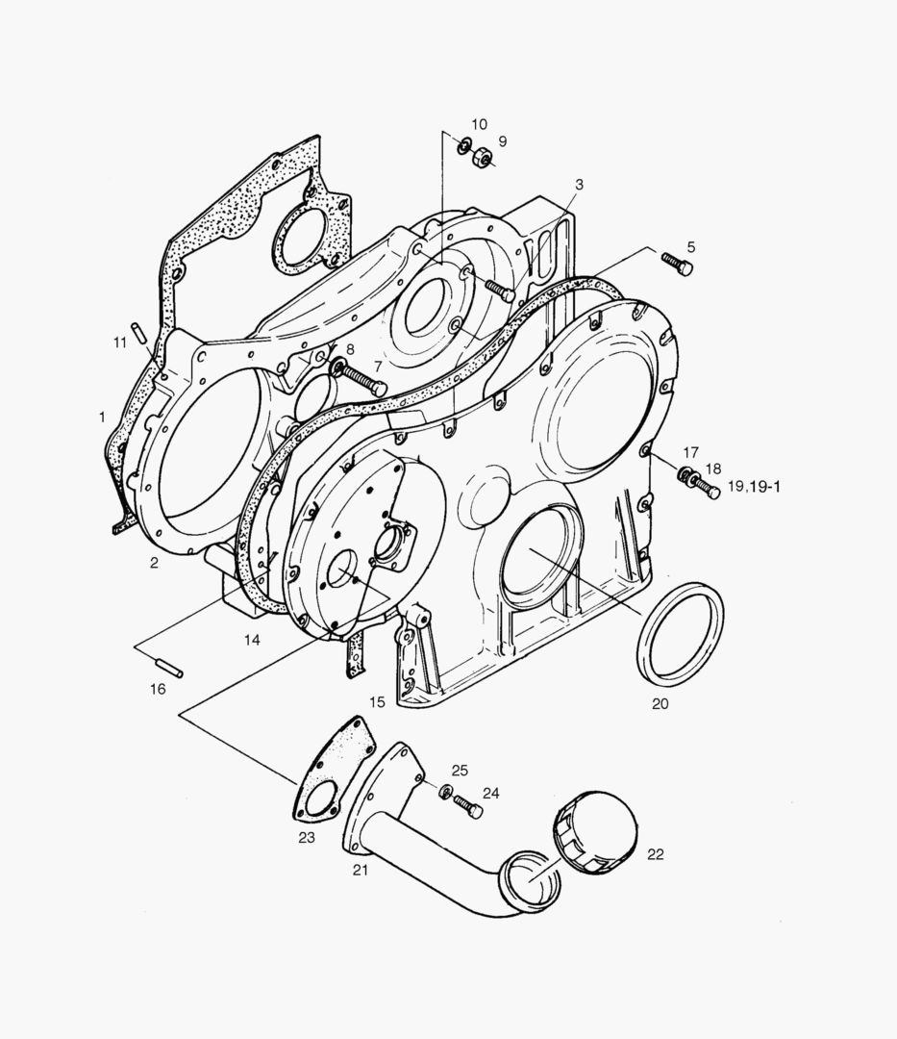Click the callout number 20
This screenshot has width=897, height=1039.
[x=660, y=703]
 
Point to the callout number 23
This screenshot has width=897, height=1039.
[x=306, y=837]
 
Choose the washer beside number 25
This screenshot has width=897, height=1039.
[x=445, y=792]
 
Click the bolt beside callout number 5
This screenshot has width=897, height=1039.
[x=677, y=264]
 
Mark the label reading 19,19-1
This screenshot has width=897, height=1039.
[x=755, y=487]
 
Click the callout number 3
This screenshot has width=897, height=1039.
[x=579, y=183]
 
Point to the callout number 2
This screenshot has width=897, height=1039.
[x=154, y=563]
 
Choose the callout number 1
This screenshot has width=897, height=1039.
[x=102, y=417]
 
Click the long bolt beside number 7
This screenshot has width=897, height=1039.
[x=364, y=379]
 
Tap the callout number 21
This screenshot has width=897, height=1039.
[x=361, y=871]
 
